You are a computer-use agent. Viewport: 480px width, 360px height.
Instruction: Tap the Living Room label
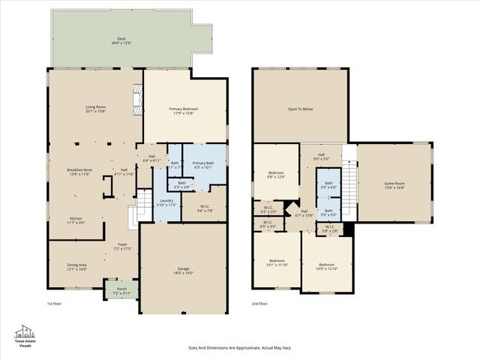95,109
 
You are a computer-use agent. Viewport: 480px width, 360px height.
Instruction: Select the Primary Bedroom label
184,111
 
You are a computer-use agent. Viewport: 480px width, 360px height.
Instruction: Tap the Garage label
183,271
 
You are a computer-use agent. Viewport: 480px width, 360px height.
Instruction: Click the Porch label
121,289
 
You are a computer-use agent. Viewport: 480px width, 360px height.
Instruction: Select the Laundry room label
166,202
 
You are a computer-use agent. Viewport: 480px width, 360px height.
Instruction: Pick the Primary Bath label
203,165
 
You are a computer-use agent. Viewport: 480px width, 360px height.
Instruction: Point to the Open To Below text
300,108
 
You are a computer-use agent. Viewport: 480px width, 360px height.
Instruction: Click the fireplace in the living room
136,99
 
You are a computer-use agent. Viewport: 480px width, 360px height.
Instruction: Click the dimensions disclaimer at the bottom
239,348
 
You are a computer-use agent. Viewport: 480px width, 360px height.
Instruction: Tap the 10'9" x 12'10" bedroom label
326,266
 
